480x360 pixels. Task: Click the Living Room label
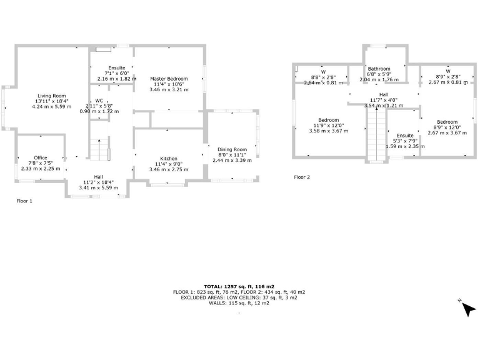(52, 96)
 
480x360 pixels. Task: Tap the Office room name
(41, 157)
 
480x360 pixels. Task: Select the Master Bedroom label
(168, 79)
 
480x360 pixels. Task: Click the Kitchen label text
(168, 159)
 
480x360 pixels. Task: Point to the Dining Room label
(232, 149)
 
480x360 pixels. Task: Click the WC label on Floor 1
(99, 101)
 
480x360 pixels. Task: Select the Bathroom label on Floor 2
(379, 69)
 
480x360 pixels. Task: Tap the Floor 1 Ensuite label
(117, 67)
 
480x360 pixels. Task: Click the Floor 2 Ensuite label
(404, 136)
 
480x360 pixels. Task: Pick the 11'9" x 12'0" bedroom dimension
(328, 126)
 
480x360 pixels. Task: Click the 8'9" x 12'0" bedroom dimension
(447, 127)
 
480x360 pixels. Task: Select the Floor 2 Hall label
(384, 94)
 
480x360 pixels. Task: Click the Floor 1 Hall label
(99, 176)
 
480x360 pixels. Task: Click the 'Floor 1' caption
(24, 201)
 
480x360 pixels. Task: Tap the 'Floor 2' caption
(302, 177)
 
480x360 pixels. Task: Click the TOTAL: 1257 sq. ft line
(239, 286)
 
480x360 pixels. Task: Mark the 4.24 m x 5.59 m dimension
(52, 107)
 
